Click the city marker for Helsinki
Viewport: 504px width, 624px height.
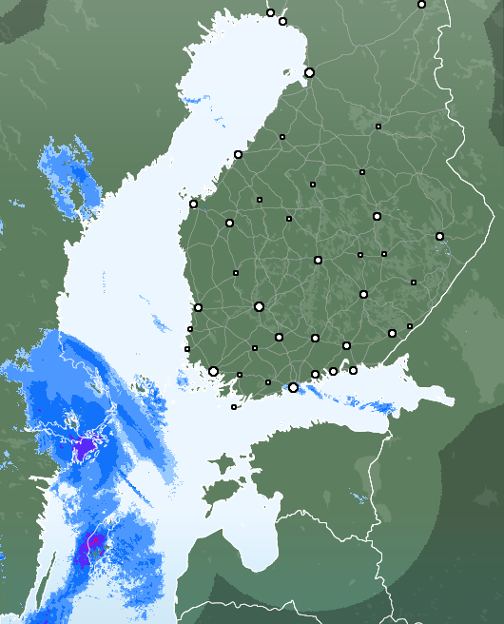pos(293,387)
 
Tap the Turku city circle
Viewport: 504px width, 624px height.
pos(213,372)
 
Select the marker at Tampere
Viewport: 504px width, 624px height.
pos(259,306)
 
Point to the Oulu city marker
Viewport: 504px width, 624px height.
pos(309,72)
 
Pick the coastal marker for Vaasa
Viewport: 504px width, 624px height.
pos(193,204)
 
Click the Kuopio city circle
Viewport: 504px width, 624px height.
pos(377,216)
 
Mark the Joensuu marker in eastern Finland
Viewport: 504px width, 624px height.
pos(439,236)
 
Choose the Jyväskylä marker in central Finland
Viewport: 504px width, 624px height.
pos(318,260)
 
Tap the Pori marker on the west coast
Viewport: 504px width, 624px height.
pos(198,307)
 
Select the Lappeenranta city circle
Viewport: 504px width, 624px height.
pos(392,333)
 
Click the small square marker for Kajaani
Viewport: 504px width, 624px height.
pos(362,172)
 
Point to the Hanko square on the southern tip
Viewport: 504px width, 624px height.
pos(234,407)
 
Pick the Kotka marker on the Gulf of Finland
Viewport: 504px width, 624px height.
pos(353,370)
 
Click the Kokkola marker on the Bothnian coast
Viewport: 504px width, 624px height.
pos(238,154)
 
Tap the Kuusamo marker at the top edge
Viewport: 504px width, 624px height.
pos(421,4)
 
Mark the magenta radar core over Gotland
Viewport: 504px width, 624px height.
pos(92,547)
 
